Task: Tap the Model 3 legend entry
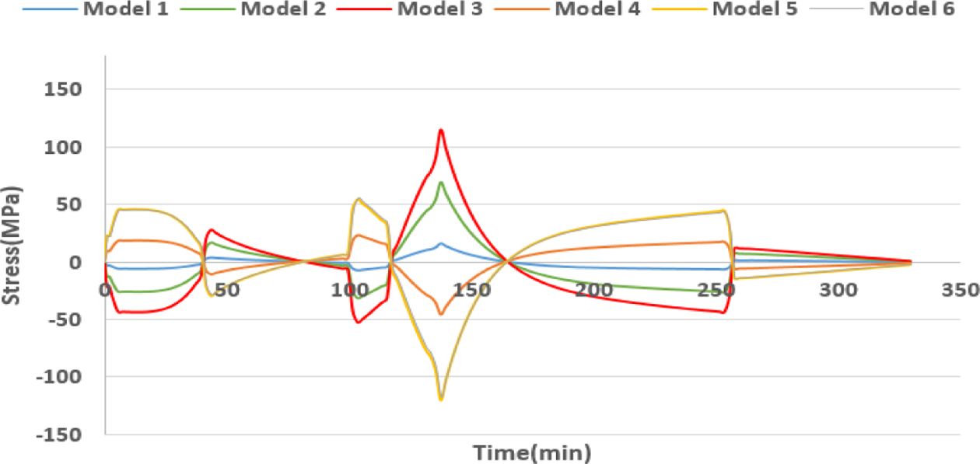point(440,11)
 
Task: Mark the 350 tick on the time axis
point(958,289)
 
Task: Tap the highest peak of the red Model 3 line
point(441,130)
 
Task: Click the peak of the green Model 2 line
point(441,183)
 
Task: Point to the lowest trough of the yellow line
point(441,399)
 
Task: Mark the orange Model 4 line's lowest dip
point(440,314)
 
